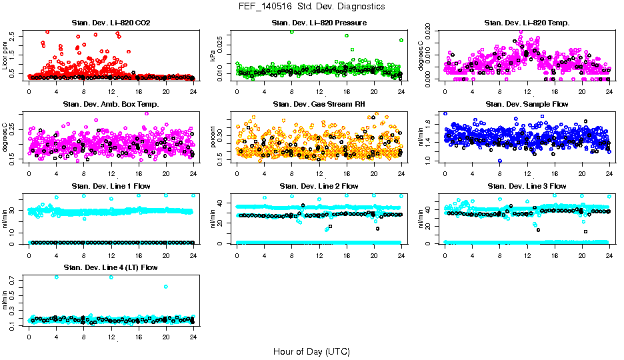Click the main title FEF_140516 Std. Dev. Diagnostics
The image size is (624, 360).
pyautogui.click(x=311, y=7)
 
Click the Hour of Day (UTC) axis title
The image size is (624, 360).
pyautogui.click(x=311, y=351)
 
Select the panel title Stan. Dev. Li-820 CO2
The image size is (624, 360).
pyautogui.click(x=111, y=23)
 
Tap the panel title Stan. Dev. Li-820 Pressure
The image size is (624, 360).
pyautogui.click(x=319, y=23)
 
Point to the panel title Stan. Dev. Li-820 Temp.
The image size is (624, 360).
pyautogui.click(x=527, y=23)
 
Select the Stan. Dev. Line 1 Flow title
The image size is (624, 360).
pyautogui.click(x=111, y=186)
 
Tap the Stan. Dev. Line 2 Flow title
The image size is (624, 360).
pyautogui.click(x=319, y=186)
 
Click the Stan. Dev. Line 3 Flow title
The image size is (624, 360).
pyautogui.click(x=527, y=186)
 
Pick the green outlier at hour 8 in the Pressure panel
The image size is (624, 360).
pyautogui.click(x=291, y=32)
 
